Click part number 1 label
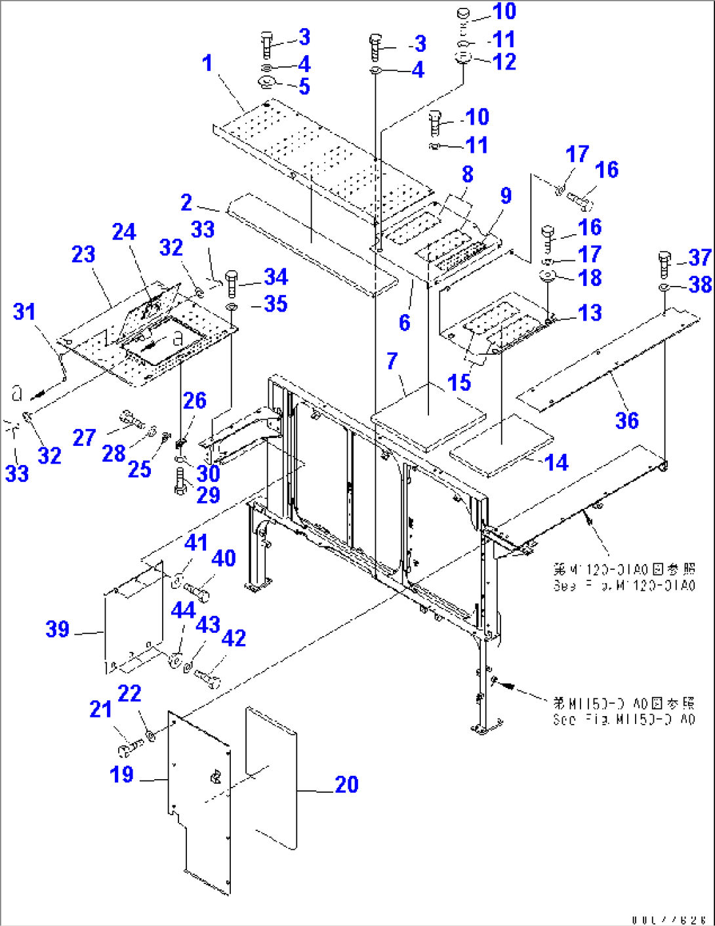[207, 64]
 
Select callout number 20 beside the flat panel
[346, 784]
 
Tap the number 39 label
[58, 630]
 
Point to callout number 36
[626, 420]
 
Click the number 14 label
[556, 463]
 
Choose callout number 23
[83, 254]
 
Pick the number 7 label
[392, 361]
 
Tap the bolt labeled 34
[232, 284]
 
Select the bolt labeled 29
[181, 482]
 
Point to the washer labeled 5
[267, 83]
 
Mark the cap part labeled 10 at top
[464, 13]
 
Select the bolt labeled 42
[207, 679]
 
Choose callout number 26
[194, 401]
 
